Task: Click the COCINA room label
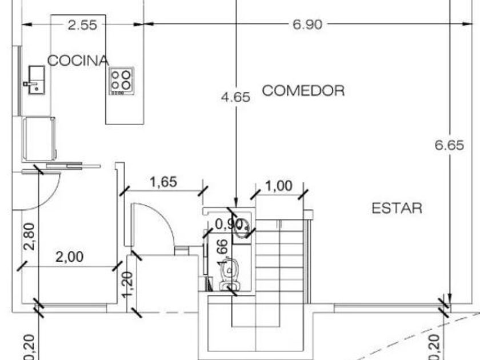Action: coord(78,61)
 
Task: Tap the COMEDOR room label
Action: coord(303,91)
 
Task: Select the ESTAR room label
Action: coord(397,209)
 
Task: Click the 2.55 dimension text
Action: coord(82,25)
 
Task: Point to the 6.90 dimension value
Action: coord(307,25)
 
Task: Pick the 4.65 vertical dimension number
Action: coord(235,97)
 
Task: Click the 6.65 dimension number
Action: coord(449,145)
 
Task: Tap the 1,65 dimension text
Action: coord(163,182)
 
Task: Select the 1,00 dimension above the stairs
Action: coord(279,186)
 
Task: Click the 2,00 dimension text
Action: coord(70,257)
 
